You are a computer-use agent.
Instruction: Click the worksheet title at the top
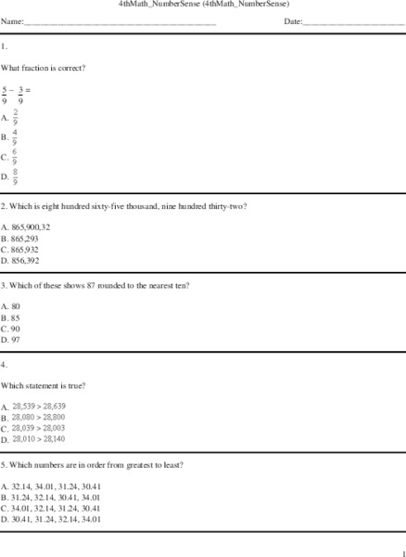[204, 5]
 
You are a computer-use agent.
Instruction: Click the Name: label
[12, 20]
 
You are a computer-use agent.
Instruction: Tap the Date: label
[295, 20]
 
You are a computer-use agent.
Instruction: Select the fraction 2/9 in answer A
[16, 117]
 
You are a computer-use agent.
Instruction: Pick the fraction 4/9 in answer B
[16, 136]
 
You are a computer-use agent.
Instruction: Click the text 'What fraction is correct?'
[44, 68]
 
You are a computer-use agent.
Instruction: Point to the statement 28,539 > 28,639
[39, 407]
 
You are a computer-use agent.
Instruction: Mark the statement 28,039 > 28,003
[39, 428]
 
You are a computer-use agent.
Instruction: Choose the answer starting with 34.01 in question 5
[56, 509]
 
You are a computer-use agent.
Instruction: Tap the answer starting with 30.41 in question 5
[56, 520]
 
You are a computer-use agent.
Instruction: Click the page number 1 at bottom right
[400, 551]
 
